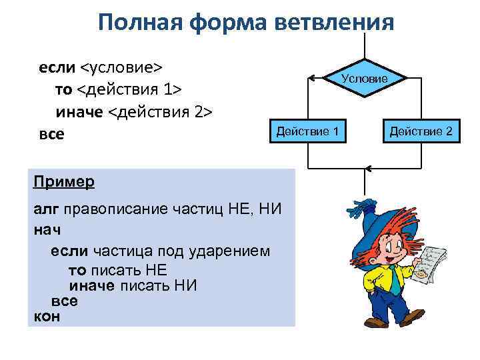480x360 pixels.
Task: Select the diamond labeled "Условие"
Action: click(x=364, y=79)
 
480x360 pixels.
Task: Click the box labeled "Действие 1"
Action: click(x=307, y=131)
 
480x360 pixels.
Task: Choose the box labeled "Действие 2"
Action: click(x=421, y=131)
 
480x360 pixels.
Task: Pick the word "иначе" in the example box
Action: click(x=92, y=286)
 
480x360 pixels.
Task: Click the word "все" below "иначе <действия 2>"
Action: click(x=52, y=134)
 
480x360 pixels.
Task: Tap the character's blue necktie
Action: click(x=394, y=279)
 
